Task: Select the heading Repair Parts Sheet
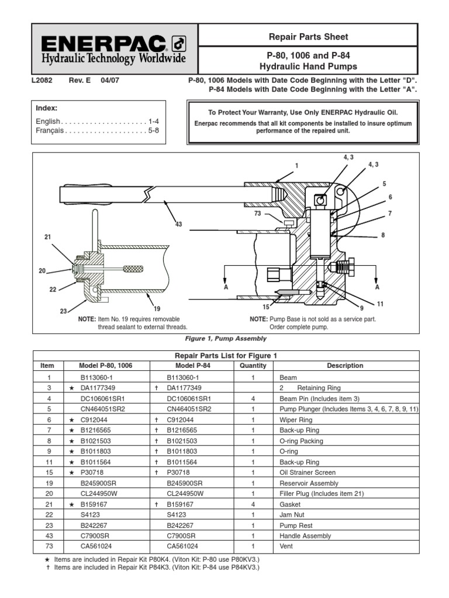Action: click(308, 37)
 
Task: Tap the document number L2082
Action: click(42, 81)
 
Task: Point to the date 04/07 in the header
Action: click(110, 81)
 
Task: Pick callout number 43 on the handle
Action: click(178, 224)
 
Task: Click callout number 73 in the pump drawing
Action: click(258, 214)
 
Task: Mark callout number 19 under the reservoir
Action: click(156, 308)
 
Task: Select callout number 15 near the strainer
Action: click(266, 307)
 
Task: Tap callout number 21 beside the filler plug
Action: click(48, 237)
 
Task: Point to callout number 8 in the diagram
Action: click(383, 235)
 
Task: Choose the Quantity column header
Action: click(253, 366)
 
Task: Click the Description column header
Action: click(345, 366)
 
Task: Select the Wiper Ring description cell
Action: click(296, 420)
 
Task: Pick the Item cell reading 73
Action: click(47, 546)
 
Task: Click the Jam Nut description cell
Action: click(293, 514)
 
